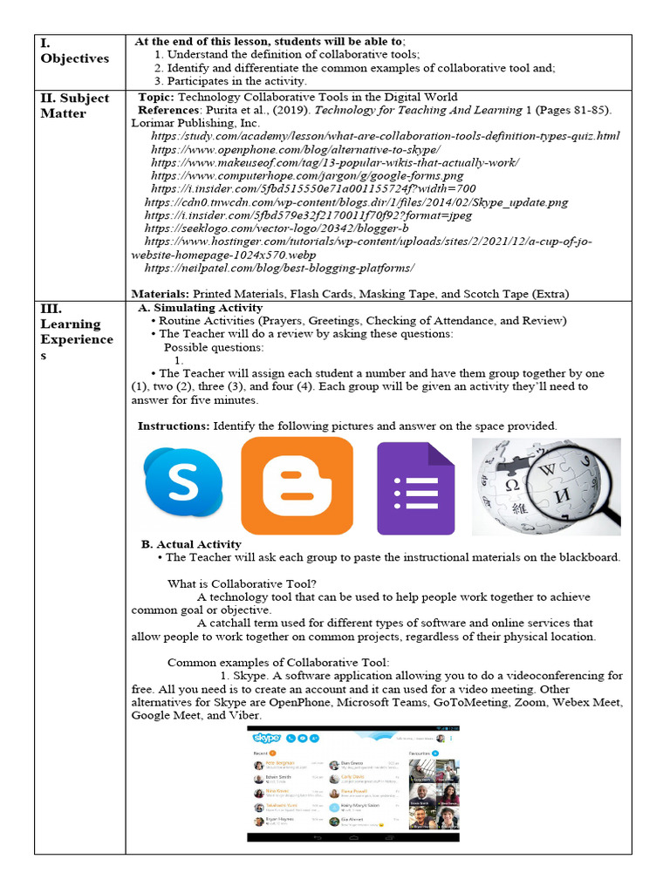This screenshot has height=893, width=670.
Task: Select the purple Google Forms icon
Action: [415, 488]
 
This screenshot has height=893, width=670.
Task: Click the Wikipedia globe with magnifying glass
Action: [546, 486]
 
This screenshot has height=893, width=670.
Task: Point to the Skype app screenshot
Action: [353, 782]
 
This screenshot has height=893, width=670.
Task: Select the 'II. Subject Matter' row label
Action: [75, 106]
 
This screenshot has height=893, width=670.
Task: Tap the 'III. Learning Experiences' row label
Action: [77, 331]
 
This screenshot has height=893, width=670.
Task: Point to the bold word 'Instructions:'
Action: [174, 426]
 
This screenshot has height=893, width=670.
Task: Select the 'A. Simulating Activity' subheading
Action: [201, 308]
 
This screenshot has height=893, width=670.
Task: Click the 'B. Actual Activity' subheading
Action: [191, 544]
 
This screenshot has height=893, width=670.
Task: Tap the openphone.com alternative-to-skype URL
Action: [305, 149]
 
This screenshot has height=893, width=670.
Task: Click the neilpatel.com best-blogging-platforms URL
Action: [283, 267]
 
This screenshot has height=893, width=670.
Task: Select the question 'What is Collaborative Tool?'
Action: [242, 583]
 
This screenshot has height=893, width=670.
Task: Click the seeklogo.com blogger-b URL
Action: [277, 228]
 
